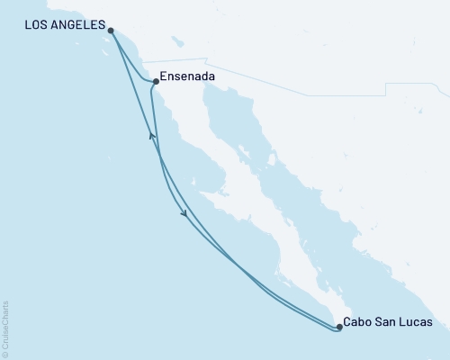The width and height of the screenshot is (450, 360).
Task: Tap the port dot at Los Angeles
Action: click(x=110, y=31)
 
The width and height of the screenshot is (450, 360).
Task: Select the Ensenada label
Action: click(x=187, y=77)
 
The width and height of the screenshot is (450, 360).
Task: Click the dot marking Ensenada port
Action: click(x=156, y=82)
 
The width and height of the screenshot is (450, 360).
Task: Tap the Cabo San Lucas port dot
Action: click(x=339, y=327)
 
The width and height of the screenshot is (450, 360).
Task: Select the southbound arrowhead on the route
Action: click(x=184, y=213)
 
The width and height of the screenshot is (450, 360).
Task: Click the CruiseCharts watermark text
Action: click(x=5, y=324)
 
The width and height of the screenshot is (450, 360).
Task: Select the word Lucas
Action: click(x=416, y=321)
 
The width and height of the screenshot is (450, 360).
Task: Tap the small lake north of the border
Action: click(x=177, y=40)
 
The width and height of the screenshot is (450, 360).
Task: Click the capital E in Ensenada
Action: click(x=164, y=77)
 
